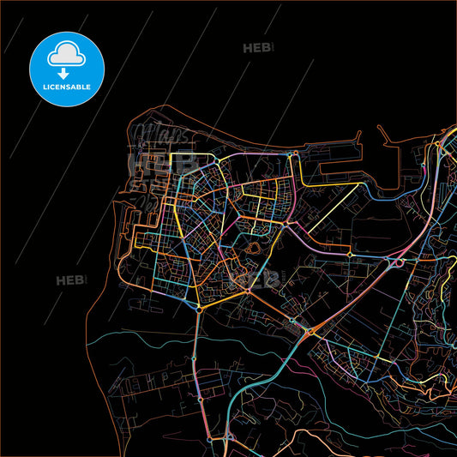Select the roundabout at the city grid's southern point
tap(199, 307)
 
